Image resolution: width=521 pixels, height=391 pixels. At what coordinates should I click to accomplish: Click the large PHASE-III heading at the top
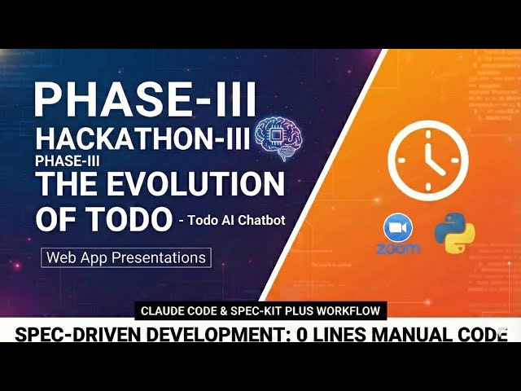(146, 99)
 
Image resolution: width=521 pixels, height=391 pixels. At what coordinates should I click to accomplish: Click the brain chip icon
(274, 135)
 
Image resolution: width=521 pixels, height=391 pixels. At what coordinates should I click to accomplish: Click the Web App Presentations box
(126, 258)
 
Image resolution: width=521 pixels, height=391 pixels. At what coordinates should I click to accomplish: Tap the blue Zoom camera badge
(398, 228)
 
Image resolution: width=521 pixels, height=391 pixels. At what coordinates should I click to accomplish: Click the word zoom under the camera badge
(398, 248)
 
